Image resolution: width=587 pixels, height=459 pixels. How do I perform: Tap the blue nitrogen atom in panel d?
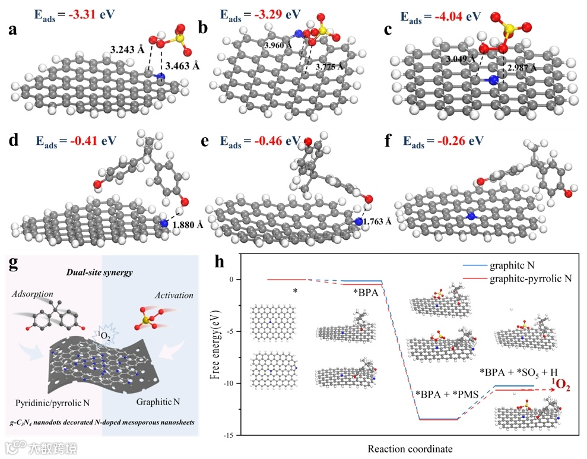(164, 223)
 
